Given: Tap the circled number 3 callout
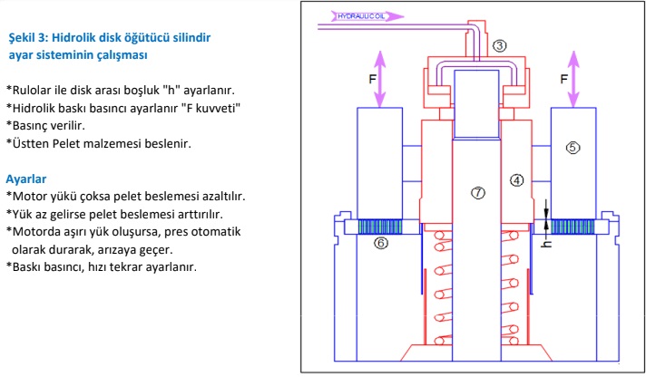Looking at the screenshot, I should tap(499, 44).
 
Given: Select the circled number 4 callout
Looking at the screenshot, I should tap(516, 179).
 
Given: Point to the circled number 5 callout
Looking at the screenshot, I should tap(572, 145).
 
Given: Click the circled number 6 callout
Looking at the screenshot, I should tap(380, 243).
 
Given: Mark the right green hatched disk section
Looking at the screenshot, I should tap(571, 227).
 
